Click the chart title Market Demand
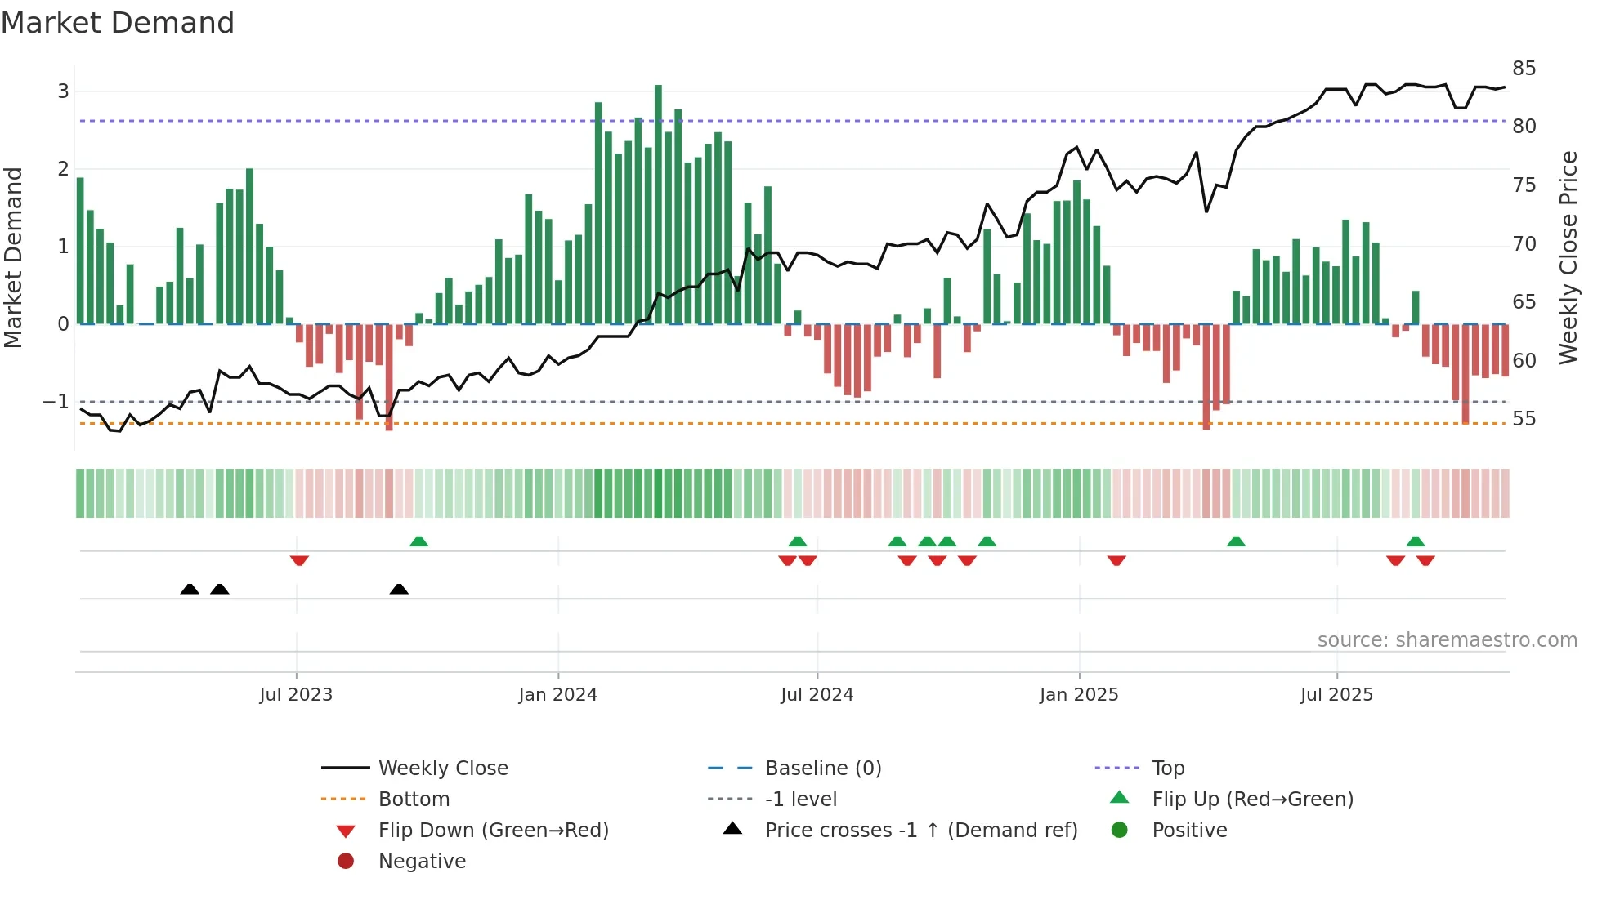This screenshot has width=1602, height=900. (x=118, y=23)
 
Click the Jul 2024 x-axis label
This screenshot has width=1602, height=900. (x=817, y=695)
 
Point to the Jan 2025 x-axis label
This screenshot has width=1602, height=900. (x=1079, y=695)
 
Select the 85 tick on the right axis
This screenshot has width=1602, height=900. (x=1524, y=69)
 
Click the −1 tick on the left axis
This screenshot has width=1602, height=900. (x=56, y=402)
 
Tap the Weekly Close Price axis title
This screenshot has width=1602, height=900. (x=1568, y=257)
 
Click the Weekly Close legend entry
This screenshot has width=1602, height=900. (x=442, y=769)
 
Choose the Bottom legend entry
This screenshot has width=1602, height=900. (x=414, y=800)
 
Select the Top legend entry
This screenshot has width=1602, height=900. (x=1167, y=769)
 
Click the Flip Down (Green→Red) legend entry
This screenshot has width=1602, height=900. (x=493, y=831)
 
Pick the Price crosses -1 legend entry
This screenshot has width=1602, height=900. (x=920, y=831)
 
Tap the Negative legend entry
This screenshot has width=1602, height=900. (x=422, y=862)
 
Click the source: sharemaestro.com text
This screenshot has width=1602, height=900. (x=1447, y=640)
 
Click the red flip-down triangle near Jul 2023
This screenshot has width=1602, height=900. (x=299, y=560)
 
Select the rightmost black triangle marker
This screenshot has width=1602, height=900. (x=399, y=590)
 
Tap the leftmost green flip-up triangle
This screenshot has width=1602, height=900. (x=418, y=541)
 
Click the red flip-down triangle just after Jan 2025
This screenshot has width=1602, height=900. (x=1116, y=560)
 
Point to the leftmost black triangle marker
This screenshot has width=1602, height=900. (x=190, y=590)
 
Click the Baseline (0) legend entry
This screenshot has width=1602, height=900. (x=822, y=769)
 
